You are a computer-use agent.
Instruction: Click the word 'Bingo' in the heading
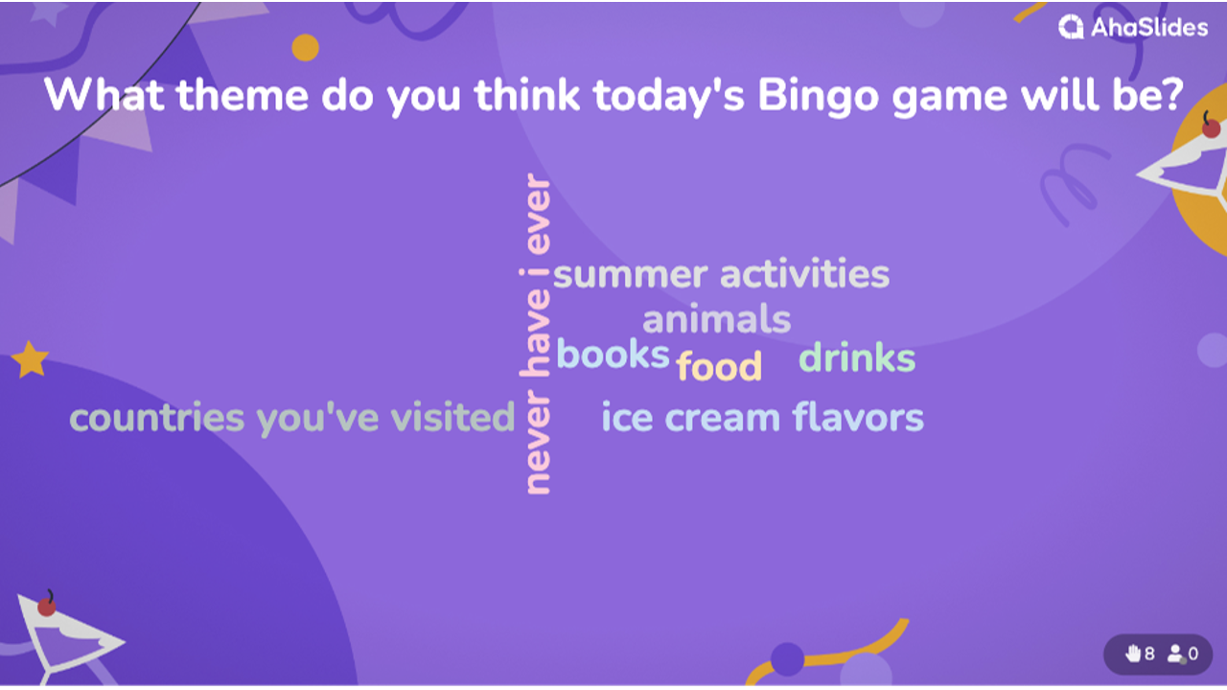(x=819, y=97)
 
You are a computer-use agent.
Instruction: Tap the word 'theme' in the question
(x=243, y=95)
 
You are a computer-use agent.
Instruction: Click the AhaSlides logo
(x=1133, y=27)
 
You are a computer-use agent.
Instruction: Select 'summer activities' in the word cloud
(x=722, y=274)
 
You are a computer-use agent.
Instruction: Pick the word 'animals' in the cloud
(x=716, y=319)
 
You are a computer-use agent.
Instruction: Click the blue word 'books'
(x=613, y=354)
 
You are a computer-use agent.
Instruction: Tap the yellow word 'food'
(x=719, y=365)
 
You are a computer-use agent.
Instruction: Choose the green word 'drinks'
(x=857, y=357)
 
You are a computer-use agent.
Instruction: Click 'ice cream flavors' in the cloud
(x=762, y=417)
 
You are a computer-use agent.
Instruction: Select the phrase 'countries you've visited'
(x=292, y=419)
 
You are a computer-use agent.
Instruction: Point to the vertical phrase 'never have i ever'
(x=536, y=334)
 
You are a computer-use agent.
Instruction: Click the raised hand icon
(x=1132, y=654)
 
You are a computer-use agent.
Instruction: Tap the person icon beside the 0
(x=1176, y=654)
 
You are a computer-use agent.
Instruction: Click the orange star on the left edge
(x=30, y=359)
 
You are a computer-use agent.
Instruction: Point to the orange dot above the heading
(x=305, y=48)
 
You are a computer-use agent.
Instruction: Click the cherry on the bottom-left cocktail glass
(x=47, y=607)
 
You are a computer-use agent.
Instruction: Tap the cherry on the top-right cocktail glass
(x=1211, y=128)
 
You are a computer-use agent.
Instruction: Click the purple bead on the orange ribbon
(x=788, y=659)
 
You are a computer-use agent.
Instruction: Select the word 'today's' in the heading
(x=668, y=97)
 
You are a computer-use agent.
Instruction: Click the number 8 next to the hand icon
(x=1149, y=654)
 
